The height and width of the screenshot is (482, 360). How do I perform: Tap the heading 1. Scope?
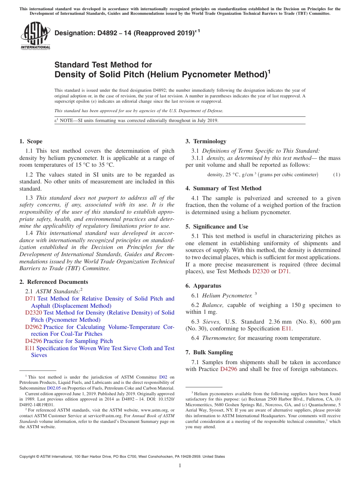click(x=31, y=141)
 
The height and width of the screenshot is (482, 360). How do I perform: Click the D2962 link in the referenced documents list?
click(x=34, y=327)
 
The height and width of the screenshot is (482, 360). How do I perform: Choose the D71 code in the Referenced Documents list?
click(x=30, y=299)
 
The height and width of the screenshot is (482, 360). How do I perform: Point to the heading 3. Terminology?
click(x=206, y=141)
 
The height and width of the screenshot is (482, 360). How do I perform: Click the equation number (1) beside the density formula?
click(x=337, y=175)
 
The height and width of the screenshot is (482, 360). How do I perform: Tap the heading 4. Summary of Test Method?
click(x=224, y=188)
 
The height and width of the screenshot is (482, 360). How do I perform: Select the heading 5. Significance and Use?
click(x=217, y=227)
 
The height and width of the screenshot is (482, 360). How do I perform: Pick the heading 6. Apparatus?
click(x=203, y=286)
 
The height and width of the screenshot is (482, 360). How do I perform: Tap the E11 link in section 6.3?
click(x=286, y=329)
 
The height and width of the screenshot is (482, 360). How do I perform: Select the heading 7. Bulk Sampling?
click(x=209, y=352)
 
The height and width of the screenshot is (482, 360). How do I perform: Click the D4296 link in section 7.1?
click(x=229, y=369)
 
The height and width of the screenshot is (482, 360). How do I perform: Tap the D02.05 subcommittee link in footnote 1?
click(x=54, y=388)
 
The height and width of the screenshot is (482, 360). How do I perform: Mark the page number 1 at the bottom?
click(x=180, y=466)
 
